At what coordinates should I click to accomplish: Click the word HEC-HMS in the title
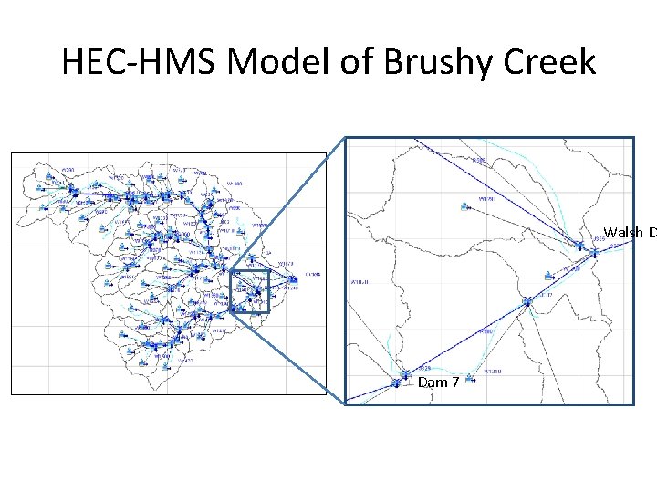(x=136, y=62)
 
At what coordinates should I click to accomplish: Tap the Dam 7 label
(x=438, y=383)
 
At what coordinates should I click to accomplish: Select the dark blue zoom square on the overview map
(x=250, y=291)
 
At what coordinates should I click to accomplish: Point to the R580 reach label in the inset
(x=486, y=331)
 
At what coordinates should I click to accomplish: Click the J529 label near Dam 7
(x=424, y=367)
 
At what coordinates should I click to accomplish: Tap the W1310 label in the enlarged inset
(x=493, y=372)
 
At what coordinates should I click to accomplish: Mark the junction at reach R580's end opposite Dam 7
(x=527, y=301)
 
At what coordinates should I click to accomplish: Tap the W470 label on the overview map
(x=186, y=361)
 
